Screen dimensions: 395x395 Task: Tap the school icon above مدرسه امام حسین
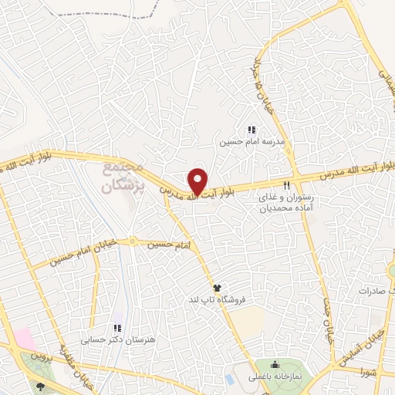click(x=251, y=130)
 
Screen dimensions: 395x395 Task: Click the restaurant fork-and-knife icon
click(x=287, y=185)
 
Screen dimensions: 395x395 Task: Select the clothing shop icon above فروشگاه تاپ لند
click(x=226, y=287)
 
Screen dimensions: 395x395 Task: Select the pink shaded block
click(x=23, y=339)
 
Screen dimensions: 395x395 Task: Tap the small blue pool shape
click(x=230, y=380)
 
